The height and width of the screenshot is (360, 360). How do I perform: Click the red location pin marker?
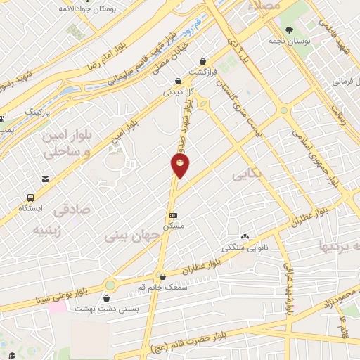coord(180,165)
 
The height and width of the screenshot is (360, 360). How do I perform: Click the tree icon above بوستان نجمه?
coord(289,30)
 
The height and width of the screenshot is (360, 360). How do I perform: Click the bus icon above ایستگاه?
coord(31,198)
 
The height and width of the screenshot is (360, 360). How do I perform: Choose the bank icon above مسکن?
coord(174,215)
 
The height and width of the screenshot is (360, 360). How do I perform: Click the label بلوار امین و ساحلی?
coord(67,144)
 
